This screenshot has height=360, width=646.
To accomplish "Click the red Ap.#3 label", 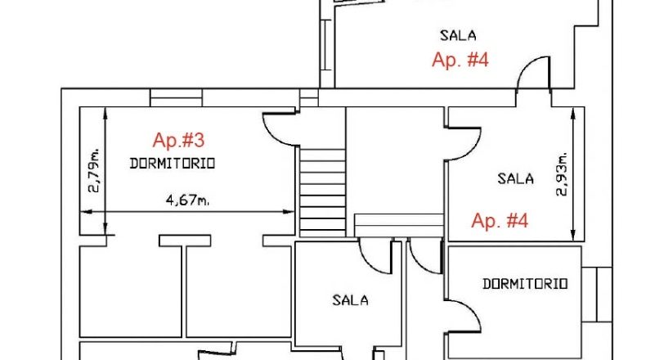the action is tap(178, 140).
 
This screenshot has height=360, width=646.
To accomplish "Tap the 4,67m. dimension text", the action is tap(187, 200).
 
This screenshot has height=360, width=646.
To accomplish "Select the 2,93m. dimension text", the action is tap(562, 174).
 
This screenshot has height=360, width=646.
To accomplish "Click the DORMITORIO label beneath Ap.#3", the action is tap(173, 164).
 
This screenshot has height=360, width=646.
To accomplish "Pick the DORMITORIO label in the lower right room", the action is tap(525, 284).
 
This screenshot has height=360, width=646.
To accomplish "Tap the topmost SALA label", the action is tap(458, 35).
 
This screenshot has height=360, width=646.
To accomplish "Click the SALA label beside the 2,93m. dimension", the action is tap(515, 179).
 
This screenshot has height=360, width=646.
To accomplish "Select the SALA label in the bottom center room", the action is tap(350, 300).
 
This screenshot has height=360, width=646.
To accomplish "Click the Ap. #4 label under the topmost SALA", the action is tap(460, 60).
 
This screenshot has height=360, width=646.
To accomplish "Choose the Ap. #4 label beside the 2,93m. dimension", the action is tap(500, 220).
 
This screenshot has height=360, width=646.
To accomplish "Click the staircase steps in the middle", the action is tap(322, 191).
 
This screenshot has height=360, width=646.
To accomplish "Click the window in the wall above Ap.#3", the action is tap(176, 97).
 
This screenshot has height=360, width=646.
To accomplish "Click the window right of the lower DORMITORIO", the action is tap(597, 295).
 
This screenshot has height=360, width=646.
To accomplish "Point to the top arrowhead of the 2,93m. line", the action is tap(572, 112).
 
